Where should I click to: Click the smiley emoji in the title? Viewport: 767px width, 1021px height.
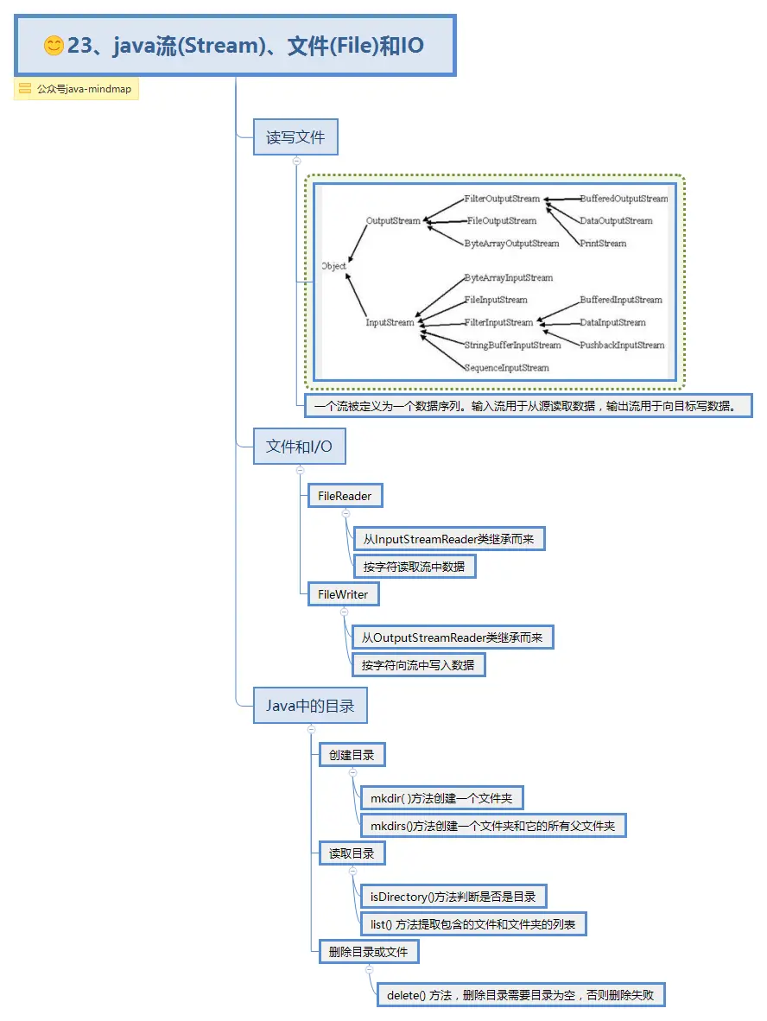coord(54,46)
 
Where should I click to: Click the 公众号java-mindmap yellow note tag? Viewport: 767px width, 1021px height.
coord(76,89)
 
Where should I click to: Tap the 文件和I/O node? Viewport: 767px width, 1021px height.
coord(299,447)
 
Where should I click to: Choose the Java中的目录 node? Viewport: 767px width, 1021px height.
coord(309,706)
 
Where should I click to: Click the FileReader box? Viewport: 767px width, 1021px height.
coord(345,496)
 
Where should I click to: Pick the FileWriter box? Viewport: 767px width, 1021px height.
coord(343,594)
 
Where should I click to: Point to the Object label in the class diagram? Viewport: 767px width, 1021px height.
coord(333,266)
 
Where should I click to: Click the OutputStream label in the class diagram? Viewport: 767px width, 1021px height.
coord(393,221)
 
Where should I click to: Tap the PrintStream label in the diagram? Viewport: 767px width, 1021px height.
coord(603,244)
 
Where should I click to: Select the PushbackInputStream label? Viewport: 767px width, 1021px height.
coord(622,346)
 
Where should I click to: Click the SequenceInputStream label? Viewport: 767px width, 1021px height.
coord(506,368)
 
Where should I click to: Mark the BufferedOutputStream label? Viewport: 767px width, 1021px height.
coord(624,199)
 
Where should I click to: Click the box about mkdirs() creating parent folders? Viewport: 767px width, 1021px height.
coord(492,826)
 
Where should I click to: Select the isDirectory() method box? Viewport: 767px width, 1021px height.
coord(453,897)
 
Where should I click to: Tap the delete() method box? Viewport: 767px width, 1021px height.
coord(520,995)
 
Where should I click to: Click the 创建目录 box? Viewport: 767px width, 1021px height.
coord(352,755)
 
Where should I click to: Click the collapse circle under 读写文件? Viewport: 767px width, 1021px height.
coord(296,161)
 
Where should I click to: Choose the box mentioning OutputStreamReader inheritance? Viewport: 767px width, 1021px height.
coord(452,637)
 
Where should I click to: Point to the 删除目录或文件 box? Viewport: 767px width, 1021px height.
coord(368,952)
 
